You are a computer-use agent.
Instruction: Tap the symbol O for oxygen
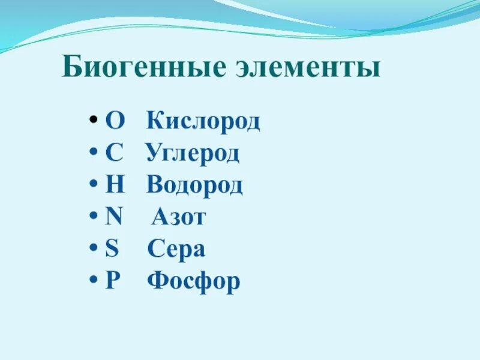coord(115,122)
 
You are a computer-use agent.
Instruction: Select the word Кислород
coord(203,122)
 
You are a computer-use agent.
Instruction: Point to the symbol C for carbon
coord(114,154)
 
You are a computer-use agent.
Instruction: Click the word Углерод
coord(192,154)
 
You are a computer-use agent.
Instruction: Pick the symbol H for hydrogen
coord(115,185)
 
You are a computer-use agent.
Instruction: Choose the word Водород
coord(194,185)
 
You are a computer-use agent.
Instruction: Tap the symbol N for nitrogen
coord(114,217)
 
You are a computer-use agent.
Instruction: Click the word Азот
coord(178,217)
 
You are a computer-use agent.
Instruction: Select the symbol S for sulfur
coord(112,249)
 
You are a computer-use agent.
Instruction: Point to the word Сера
coord(176,249)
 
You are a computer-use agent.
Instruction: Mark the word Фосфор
coord(193,281)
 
